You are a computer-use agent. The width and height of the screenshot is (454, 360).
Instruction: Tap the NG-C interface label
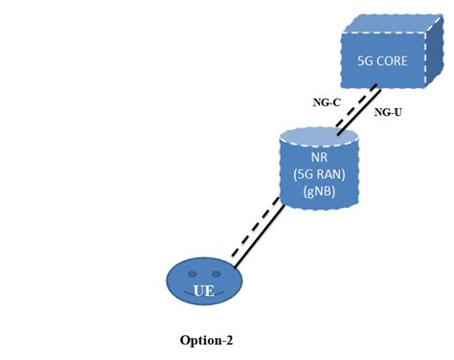(327, 101)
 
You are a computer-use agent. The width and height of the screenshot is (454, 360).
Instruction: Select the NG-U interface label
(388, 112)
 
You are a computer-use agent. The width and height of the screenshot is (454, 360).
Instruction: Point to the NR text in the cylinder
(318, 156)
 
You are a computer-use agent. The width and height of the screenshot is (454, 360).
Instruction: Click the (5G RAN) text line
(318, 173)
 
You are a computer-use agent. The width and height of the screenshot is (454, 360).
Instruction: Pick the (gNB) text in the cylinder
(318, 191)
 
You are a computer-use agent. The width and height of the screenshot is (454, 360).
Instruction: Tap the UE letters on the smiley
(203, 290)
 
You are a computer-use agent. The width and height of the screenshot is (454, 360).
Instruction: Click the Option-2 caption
(206, 340)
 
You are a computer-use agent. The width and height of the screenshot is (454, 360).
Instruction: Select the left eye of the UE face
(193, 274)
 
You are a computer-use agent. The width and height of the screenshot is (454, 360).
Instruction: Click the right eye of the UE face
(216, 274)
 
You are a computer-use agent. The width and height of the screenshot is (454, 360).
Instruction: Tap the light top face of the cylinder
(318, 134)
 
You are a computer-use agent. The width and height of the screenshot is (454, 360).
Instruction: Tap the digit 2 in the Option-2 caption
(228, 340)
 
